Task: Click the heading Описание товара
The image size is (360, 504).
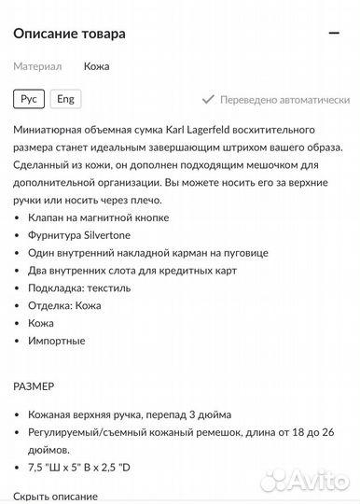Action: click(x=70, y=34)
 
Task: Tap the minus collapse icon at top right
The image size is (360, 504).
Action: click(x=334, y=34)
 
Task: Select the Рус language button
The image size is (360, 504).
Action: click(x=29, y=99)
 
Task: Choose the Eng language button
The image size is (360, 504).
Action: click(x=65, y=99)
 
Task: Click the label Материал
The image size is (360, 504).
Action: click(x=37, y=67)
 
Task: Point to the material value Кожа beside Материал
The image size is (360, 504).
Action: click(x=96, y=67)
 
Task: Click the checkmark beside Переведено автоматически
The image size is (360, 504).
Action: click(x=208, y=100)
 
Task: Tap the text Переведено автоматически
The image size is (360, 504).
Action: click(x=284, y=100)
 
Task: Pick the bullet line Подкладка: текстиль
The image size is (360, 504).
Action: click(x=80, y=287)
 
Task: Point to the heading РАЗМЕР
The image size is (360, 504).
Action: click(x=35, y=385)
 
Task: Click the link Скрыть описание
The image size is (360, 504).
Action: click(x=55, y=496)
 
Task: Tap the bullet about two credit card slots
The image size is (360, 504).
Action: click(x=133, y=271)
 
